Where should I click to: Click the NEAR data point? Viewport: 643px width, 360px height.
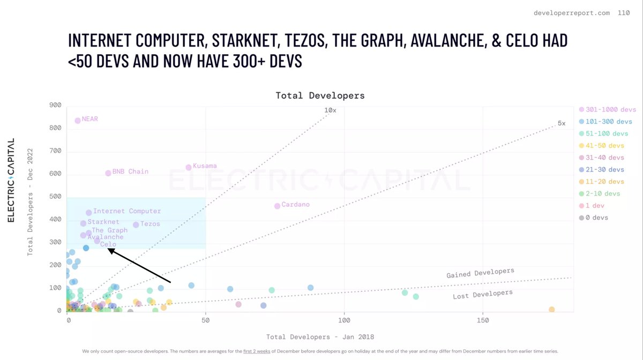tap(78, 121)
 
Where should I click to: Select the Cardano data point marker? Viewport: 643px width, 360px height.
tap(278, 206)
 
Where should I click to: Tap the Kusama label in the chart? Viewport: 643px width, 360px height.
tap(205, 166)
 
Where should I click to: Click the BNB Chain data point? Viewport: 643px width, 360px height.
tap(108, 173)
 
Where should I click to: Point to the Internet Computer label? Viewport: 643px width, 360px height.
tap(127, 211)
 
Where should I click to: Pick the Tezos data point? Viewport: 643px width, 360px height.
tap(136, 225)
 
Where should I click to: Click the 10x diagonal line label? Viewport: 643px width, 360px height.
tap(330, 110)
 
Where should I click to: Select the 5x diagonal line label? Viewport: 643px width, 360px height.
tap(562, 123)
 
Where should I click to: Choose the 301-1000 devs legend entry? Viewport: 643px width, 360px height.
tap(608, 109)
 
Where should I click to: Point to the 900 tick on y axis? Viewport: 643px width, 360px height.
tap(56, 105)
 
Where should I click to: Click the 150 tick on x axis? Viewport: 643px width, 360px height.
tap(483, 320)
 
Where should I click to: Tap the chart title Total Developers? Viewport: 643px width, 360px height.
tap(320, 95)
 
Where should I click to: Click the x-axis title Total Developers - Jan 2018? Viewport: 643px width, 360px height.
tap(320, 337)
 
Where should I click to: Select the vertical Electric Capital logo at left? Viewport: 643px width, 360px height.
tap(11, 180)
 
